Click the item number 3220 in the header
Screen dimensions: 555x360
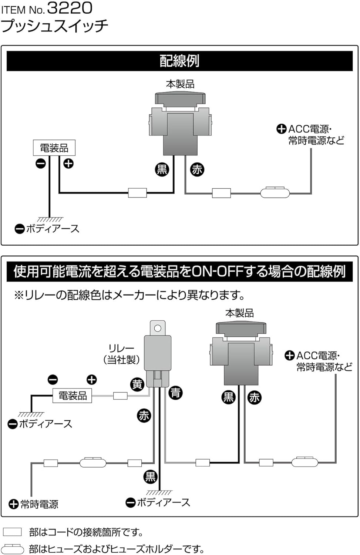(x=70, y=8)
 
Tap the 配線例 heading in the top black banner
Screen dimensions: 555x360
(x=179, y=61)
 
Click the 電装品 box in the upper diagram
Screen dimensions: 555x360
(x=54, y=148)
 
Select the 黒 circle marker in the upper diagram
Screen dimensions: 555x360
(x=162, y=169)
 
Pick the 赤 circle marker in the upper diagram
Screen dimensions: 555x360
(x=197, y=169)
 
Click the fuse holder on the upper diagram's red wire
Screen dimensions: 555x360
(x=275, y=193)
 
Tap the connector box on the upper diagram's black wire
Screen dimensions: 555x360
(x=137, y=193)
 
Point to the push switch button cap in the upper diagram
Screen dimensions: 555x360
(x=180, y=98)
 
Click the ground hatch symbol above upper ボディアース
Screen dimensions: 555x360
(x=50, y=219)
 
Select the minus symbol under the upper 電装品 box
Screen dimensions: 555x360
(x=40, y=163)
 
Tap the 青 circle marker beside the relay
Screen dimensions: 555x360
(x=175, y=392)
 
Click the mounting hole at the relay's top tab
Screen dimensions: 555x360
(x=158, y=328)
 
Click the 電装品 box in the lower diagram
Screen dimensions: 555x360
(x=73, y=396)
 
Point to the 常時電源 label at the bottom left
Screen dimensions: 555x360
(x=39, y=504)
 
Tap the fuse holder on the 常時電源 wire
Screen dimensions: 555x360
(x=93, y=462)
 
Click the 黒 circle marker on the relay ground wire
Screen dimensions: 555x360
(x=150, y=477)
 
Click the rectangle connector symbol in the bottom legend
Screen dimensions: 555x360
(x=12, y=532)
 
